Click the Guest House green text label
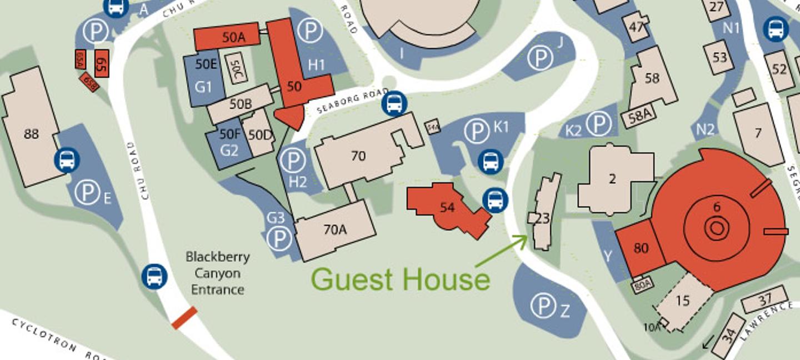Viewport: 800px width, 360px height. pos(401,278)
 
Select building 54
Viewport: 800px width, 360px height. pos(447,208)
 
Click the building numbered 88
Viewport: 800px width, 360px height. pos(32,134)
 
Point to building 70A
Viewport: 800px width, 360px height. pos(335,229)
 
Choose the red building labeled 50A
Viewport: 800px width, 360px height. pos(227,37)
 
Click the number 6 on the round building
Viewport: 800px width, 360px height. pos(717,207)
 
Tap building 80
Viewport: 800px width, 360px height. pos(641,248)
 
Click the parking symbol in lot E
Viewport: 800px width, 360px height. pos(88,193)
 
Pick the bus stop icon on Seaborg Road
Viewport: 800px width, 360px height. pos(394,104)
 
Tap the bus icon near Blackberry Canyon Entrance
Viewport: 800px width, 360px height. pos(154,276)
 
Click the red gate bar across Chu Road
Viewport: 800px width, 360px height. pos(184,318)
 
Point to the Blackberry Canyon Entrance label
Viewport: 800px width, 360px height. pos(218,273)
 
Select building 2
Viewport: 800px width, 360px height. pos(613,179)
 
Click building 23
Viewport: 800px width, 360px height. pos(542,218)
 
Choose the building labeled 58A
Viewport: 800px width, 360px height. pos(639,117)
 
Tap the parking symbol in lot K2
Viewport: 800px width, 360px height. pos(599,124)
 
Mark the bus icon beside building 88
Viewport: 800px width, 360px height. pos(67,160)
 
